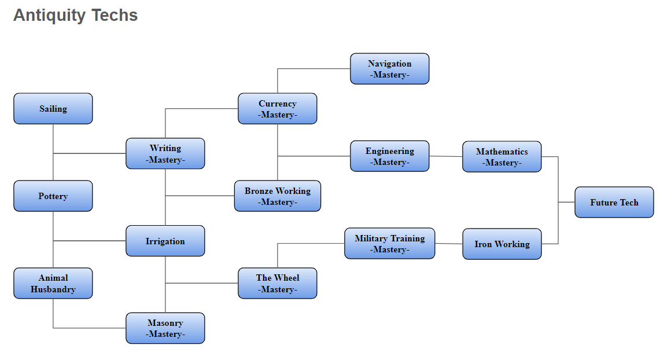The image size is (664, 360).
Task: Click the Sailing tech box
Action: [x=53, y=109]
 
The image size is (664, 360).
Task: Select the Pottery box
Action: [x=53, y=196]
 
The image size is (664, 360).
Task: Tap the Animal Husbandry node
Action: [x=53, y=284]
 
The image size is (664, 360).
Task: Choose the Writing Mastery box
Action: [x=165, y=154]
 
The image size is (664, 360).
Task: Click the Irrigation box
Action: [x=165, y=241]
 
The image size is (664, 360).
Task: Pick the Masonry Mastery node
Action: [x=165, y=329]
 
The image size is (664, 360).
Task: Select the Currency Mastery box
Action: [x=278, y=109]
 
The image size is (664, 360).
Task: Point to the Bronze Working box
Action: [x=278, y=196]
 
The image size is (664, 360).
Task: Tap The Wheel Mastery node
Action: [x=278, y=284]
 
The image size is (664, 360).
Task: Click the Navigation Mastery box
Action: [x=390, y=69]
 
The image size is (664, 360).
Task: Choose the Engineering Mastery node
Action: [x=390, y=156]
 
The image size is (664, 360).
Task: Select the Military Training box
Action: [x=390, y=244]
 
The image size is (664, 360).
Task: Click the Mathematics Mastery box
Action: [x=502, y=157]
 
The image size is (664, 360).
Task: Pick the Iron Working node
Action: [x=502, y=244]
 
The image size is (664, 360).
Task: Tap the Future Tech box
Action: [x=614, y=203]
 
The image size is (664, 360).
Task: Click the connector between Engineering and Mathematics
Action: [x=446, y=156]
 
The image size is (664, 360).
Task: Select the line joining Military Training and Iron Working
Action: [x=449, y=244]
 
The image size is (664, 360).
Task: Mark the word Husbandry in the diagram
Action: [x=53, y=289]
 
